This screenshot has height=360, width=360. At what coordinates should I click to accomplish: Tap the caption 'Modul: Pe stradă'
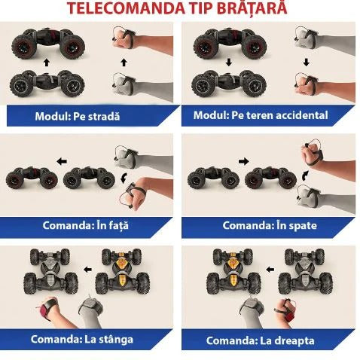pyautogui.click(x=78, y=116)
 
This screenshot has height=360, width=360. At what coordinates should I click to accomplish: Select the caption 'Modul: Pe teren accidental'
pyautogui.click(x=261, y=115)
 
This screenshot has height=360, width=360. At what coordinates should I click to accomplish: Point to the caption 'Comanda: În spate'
pyautogui.click(x=263, y=224)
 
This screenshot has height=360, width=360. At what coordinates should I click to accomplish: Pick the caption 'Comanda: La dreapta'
pyautogui.click(x=263, y=340)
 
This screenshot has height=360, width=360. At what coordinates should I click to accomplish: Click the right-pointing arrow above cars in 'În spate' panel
pyautogui.click(x=243, y=160)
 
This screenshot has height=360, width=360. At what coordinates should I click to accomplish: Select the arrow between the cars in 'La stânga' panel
pyautogui.click(x=88, y=267)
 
